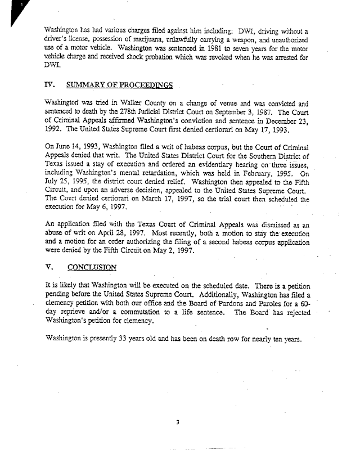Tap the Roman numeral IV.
[49, 85]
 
